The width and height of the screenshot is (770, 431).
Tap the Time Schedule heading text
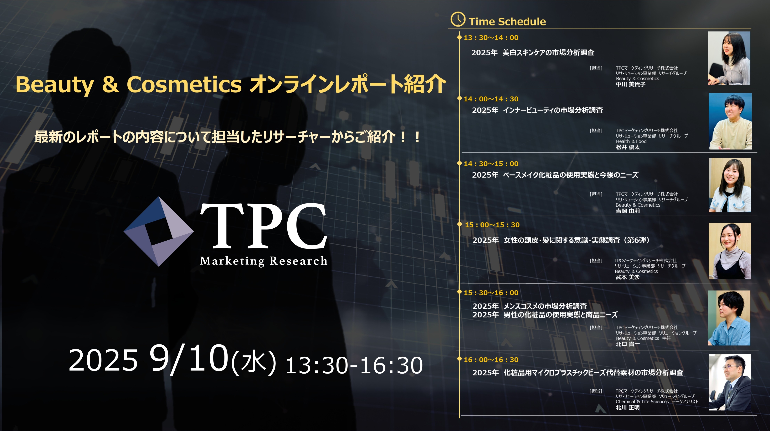[507, 22]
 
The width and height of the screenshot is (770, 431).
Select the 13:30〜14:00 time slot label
[491, 38]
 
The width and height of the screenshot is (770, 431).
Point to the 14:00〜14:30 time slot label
[491, 99]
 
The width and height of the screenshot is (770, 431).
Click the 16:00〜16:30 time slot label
[491, 360]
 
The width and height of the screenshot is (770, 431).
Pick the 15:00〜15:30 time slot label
[492, 225]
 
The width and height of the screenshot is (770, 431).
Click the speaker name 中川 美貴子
[630, 84]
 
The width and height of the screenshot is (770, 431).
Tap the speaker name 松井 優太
[628, 147]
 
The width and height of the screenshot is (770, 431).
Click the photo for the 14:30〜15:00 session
[730, 185]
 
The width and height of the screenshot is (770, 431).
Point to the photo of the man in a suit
[730, 382]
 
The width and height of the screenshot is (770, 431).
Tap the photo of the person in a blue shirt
[729, 318]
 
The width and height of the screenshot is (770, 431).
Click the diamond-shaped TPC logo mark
[159, 231]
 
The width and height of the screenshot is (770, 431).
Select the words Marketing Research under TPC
[264, 261]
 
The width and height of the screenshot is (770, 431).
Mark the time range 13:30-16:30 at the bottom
[354, 365]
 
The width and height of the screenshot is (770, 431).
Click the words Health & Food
[631, 141]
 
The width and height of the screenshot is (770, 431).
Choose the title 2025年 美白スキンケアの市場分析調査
[533, 53]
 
